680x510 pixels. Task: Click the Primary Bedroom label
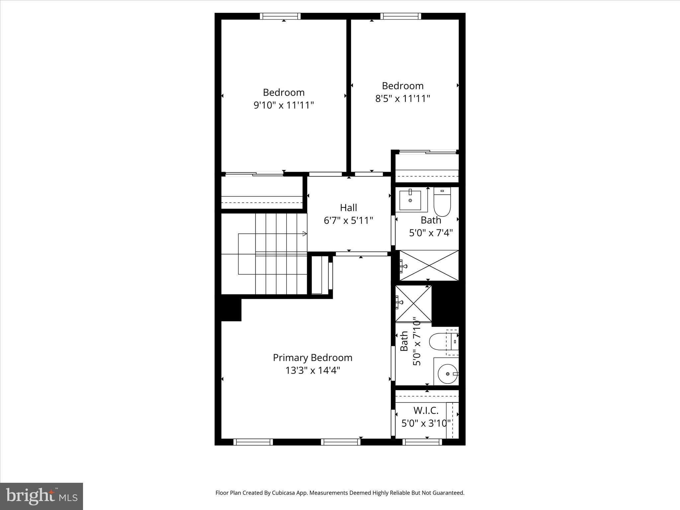[312, 358]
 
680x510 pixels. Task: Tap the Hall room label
[348, 208]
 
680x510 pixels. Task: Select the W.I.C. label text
[426, 411]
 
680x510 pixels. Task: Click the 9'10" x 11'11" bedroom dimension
[284, 105]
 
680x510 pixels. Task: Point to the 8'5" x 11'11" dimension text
[402, 99]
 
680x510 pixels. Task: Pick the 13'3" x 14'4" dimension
[312, 370]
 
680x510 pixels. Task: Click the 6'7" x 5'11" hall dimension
[348, 220]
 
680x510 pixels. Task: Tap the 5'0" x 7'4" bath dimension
[431, 233]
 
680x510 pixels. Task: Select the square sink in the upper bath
[410, 200]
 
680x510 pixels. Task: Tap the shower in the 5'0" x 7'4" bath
[429, 265]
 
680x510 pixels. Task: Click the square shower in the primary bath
[413, 303]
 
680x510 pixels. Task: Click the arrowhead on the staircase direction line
[304, 234]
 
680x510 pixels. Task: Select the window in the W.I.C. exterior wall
[422, 442]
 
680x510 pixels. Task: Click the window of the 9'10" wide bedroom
[280, 16]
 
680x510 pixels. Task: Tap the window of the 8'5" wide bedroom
[401, 16]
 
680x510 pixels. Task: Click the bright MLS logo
[42, 496]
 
